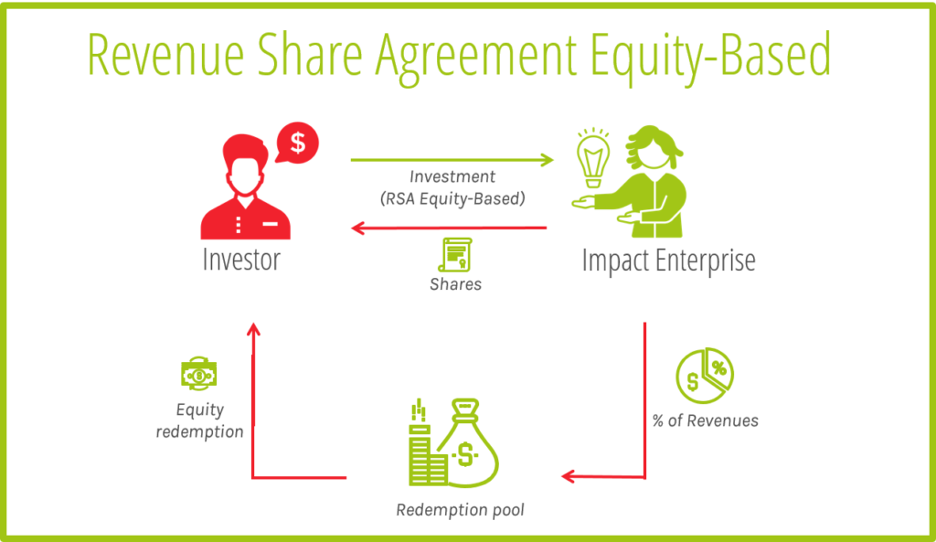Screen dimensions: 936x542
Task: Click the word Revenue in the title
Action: coord(166,54)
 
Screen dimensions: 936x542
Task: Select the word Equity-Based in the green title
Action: coord(710,58)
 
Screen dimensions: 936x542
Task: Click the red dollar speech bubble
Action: coord(297,143)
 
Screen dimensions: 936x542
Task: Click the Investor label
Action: coord(241,259)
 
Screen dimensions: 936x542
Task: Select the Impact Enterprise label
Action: coord(668,260)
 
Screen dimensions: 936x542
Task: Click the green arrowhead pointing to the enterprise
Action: coord(547,160)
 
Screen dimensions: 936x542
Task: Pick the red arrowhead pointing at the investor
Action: coord(358,228)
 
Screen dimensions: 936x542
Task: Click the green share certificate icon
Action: coord(455,255)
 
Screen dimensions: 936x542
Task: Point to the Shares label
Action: coord(455,284)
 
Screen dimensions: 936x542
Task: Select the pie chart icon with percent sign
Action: coord(705,376)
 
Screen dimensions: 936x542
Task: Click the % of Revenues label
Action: coord(705,420)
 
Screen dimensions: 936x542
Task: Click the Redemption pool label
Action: coord(461,510)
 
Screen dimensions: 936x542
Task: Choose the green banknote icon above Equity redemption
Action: coord(198,374)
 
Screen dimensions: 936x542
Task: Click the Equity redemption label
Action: coord(199,420)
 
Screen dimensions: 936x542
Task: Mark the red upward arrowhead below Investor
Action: coord(254,330)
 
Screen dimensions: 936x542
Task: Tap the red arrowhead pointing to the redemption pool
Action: coord(569,476)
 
